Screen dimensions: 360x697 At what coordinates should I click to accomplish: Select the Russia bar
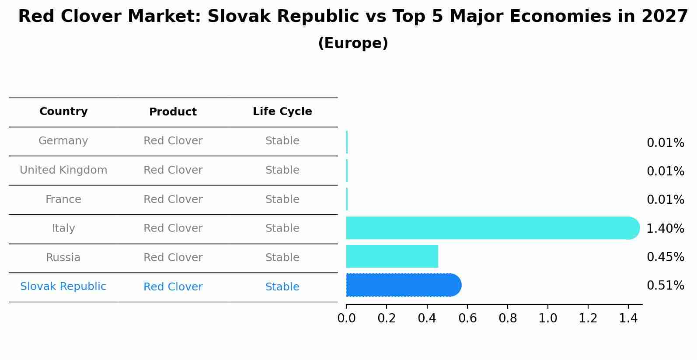(392, 256)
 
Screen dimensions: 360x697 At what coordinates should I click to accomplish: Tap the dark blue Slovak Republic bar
(402, 285)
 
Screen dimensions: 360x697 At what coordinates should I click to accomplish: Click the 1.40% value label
(665, 228)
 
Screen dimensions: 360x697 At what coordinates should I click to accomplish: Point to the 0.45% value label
(665, 257)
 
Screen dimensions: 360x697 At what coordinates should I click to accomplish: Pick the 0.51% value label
(665, 286)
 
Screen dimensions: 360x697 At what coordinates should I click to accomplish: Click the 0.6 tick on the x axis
(467, 318)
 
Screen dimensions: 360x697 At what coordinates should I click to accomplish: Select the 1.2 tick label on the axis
(588, 318)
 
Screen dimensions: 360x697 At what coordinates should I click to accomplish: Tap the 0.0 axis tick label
(346, 318)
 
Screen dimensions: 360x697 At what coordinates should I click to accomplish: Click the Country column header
(63, 112)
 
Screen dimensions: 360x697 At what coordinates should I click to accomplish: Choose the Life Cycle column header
(282, 112)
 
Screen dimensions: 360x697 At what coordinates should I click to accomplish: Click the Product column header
(173, 112)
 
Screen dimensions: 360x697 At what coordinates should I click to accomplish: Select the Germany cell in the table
(63, 141)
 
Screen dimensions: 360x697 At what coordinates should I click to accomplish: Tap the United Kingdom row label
(63, 170)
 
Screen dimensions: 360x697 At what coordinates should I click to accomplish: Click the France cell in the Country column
(63, 199)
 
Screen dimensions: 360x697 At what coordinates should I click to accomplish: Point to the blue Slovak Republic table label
(63, 287)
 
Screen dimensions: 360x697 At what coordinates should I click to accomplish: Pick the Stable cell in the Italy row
(282, 228)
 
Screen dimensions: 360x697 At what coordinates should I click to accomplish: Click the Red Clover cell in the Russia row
(173, 258)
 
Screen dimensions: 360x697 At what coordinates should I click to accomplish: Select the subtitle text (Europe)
(353, 43)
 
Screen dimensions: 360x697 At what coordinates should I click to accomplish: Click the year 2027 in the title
(665, 17)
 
